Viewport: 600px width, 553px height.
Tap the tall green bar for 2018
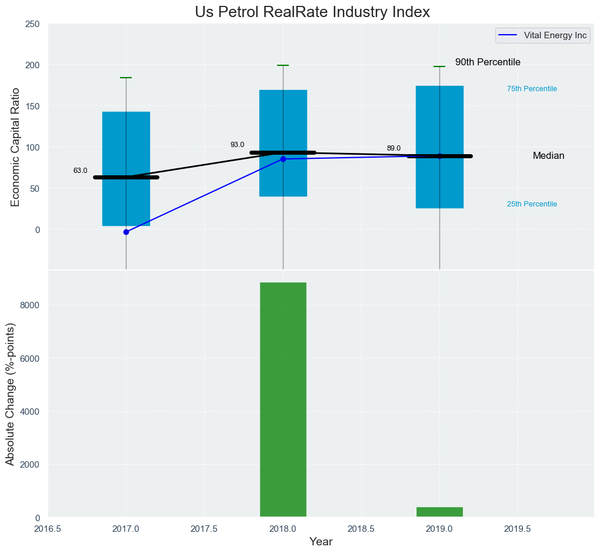283,400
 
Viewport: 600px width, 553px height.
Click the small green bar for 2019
439,512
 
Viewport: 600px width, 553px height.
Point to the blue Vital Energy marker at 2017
126,232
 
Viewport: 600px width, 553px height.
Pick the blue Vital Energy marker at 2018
283,159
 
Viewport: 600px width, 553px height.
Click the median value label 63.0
80,171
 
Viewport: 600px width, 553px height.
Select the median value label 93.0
237,145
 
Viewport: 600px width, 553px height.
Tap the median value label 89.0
394,148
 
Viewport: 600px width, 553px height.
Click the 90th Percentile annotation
488,62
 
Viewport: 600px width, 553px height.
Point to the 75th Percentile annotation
532,89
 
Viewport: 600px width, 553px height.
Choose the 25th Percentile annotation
532,204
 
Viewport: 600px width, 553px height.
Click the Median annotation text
548,156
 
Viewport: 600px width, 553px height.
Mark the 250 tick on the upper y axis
32,24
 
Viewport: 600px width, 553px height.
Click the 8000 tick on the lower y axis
29,305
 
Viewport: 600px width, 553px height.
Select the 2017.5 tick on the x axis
204,528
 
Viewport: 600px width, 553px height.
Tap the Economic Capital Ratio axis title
15,147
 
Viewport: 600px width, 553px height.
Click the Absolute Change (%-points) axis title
10,394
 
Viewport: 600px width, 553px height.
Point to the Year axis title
321,542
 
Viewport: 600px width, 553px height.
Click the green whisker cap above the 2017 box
126,78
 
